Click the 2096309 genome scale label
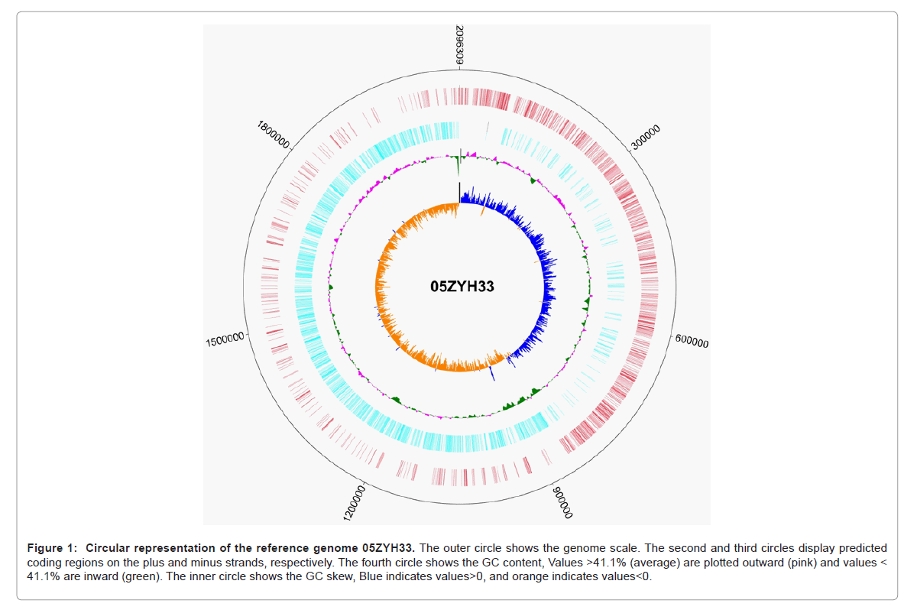(458, 46)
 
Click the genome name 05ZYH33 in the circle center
(462, 287)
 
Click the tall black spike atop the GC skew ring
(458, 192)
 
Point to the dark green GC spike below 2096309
(458, 165)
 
